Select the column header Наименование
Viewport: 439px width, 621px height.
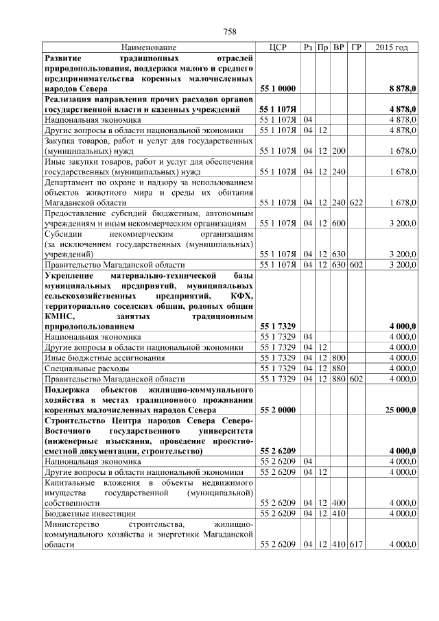[149, 47]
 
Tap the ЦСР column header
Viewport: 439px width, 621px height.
[278, 47]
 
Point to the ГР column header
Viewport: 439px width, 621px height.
[356, 47]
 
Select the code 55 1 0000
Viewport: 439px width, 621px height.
[278, 89]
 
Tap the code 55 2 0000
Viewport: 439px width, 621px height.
[278, 410]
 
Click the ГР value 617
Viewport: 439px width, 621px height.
[356, 544]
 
